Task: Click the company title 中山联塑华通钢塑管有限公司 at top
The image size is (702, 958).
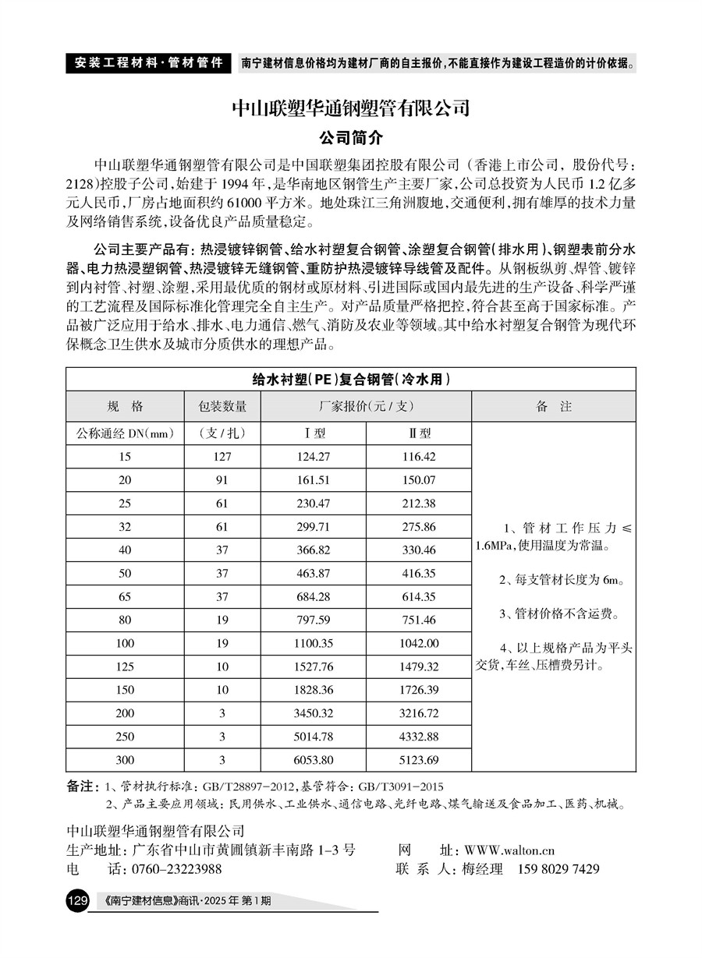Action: (351, 106)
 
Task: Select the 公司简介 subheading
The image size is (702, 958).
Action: (351, 138)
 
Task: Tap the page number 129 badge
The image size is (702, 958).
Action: (78, 901)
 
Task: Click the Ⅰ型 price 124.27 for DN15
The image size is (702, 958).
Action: (314, 457)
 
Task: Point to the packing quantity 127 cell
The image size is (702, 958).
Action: (222, 457)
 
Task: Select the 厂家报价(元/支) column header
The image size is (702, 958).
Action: (366, 406)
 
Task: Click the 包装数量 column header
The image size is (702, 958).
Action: (222, 406)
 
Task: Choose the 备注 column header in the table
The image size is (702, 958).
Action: (554, 406)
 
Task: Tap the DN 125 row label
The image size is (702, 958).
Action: (125, 666)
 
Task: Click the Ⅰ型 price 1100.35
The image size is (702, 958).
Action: (314, 643)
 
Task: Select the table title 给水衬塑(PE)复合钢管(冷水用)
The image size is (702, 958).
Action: (351, 380)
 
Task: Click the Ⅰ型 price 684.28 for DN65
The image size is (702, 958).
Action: (314, 596)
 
